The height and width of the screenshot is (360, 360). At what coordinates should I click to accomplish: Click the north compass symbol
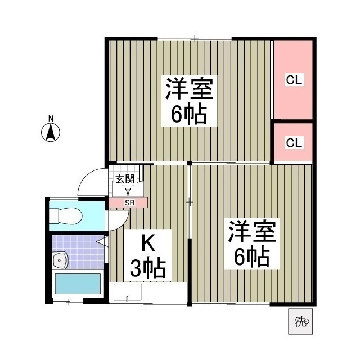pos(51,133)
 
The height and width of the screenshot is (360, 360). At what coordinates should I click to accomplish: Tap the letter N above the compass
pos(51,118)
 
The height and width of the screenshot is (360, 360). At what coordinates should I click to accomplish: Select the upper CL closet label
pos(294,80)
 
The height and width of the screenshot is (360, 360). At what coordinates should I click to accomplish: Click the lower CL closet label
pos(294,142)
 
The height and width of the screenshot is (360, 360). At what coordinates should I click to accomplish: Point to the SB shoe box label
pos(129,202)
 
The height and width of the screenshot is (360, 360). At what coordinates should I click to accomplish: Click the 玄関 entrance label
pos(125,179)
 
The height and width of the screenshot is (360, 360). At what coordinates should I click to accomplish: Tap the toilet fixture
pos(66,214)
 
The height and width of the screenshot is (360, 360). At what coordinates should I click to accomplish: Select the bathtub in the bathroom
pos(78,284)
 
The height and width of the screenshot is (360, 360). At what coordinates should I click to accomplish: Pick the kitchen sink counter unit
pos(128,292)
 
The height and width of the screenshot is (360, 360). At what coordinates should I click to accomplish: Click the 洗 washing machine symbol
pos(301,322)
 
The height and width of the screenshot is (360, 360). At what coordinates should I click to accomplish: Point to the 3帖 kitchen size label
pos(147,268)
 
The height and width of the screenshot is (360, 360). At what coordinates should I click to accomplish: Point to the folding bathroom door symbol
pos(103,242)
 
